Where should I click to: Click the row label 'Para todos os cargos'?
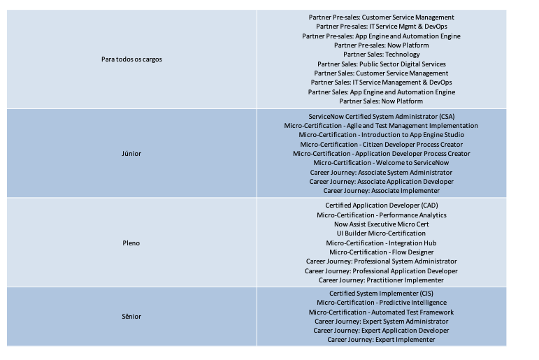coord(131,59)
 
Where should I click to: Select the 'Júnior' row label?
coord(131,153)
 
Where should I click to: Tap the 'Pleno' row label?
coord(131,243)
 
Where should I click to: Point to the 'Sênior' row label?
coord(131,317)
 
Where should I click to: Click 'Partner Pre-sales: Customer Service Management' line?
coord(381,17)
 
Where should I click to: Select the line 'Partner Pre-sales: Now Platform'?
coord(381,45)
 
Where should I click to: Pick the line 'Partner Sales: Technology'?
coord(381,55)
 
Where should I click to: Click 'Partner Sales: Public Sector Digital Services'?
coord(381,64)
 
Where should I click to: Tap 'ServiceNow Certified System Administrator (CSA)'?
coord(381,116)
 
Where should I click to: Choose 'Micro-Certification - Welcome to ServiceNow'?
coord(381,163)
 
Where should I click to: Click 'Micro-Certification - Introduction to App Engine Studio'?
coord(381,134)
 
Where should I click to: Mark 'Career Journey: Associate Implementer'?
coord(381,191)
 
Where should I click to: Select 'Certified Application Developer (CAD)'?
coord(381,206)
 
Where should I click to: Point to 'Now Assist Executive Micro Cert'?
coord(381,224)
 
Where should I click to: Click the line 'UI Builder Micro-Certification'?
coord(381,233)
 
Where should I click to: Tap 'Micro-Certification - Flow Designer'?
coord(381,252)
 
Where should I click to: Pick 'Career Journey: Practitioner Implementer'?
coord(381,280)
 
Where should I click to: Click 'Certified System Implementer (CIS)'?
coord(381,294)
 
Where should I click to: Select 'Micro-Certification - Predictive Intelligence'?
coord(381,303)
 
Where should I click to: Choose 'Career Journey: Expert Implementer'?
coord(381,340)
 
